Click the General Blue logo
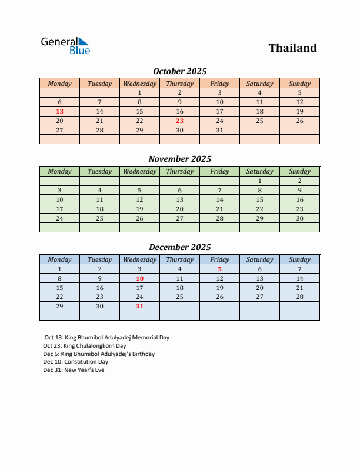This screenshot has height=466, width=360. point(65,46)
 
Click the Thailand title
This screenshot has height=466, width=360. point(292,48)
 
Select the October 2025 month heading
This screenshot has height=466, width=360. point(179,71)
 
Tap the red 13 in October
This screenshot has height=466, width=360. point(59,111)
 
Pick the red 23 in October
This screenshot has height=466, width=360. point(179,121)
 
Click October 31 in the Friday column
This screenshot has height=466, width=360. point(219,130)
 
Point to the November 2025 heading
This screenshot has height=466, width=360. point(179,159)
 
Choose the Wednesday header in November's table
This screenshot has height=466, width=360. point(139,171)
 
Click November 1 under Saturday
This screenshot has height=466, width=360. point(259,181)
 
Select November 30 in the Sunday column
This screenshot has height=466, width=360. point(299,218)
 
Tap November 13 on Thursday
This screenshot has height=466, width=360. point(179,199)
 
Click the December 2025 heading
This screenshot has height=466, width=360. point(179,247)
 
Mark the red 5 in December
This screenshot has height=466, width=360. point(219,269)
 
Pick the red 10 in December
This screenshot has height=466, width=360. point(139,278)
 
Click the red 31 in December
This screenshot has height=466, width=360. point(139,307)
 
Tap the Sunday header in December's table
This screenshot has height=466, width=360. point(299,259)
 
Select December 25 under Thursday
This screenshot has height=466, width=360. point(179,297)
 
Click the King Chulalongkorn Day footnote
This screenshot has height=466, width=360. point(85,346)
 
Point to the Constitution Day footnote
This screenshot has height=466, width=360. point(76,362)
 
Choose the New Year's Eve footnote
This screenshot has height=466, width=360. point(74,370)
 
